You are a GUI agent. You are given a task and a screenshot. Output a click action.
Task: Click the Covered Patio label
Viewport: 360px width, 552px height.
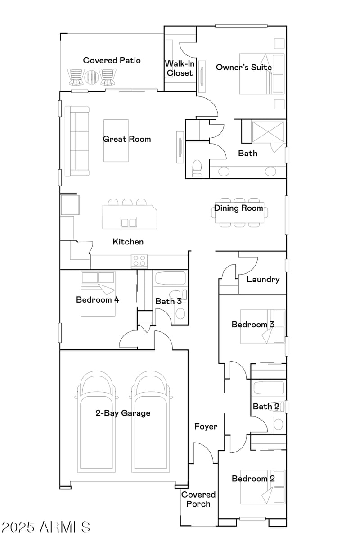[112, 60]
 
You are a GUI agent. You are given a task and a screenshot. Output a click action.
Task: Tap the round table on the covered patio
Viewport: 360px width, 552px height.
[92, 77]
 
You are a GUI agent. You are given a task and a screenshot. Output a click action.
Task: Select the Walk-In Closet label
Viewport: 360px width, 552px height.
[180, 68]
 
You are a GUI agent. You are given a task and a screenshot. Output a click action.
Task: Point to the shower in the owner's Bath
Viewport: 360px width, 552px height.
[261, 132]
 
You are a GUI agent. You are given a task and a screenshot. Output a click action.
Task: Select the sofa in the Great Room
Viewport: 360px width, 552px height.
[77, 141]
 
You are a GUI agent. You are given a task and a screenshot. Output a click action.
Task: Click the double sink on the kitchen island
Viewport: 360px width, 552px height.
[129, 222]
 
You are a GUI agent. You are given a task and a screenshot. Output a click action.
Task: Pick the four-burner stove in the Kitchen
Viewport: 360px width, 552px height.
[139, 262]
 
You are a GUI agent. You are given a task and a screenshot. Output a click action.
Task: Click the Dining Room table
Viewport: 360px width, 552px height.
[238, 212]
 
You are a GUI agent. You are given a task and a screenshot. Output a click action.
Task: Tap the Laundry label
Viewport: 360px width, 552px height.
[263, 279]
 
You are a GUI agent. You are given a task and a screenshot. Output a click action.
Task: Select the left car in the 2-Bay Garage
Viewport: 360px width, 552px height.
[97, 423]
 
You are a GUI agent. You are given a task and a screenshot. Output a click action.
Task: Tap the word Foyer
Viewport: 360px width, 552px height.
[206, 426]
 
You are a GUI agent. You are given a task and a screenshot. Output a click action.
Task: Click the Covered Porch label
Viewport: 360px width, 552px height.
[198, 499]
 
